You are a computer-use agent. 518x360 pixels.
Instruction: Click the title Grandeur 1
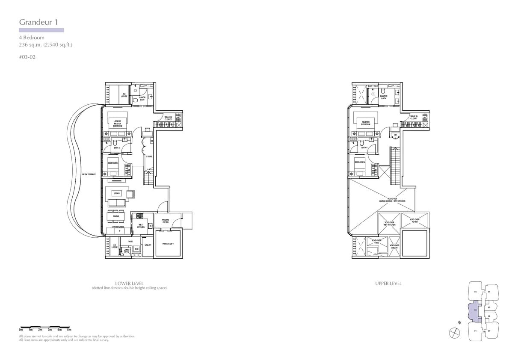(x=38, y=22)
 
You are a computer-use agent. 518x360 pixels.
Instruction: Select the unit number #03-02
(x=27, y=56)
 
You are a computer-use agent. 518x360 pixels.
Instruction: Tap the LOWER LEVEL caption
(x=129, y=283)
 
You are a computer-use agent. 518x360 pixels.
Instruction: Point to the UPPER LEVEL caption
(x=388, y=283)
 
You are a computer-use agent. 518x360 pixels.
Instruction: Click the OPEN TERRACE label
(x=89, y=174)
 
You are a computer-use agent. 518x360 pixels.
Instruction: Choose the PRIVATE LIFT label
(x=169, y=243)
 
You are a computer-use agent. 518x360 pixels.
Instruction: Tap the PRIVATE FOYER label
(x=166, y=221)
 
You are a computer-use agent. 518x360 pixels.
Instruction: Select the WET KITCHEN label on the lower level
(x=141, y=226)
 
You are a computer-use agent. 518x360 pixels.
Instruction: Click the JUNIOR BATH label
(x=142, y=98)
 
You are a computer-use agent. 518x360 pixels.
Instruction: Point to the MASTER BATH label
(x=384, y=97)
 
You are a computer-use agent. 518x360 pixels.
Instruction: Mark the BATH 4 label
(x=364, y=148)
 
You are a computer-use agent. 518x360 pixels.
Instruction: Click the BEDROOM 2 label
(x=113, y=163)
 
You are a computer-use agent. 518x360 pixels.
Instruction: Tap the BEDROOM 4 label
(x=360, y=162)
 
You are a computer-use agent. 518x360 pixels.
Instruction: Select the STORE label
(x=149, y=156)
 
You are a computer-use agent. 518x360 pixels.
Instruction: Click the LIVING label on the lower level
(x=117, y=193)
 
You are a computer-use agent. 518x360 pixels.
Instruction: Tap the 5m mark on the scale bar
(x=69, y=330)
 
